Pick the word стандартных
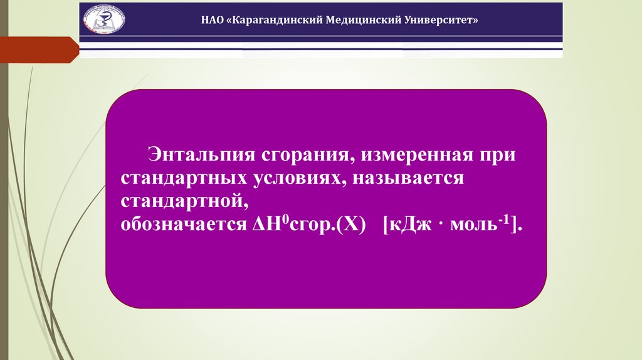point(182,179)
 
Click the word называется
point(408,179)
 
